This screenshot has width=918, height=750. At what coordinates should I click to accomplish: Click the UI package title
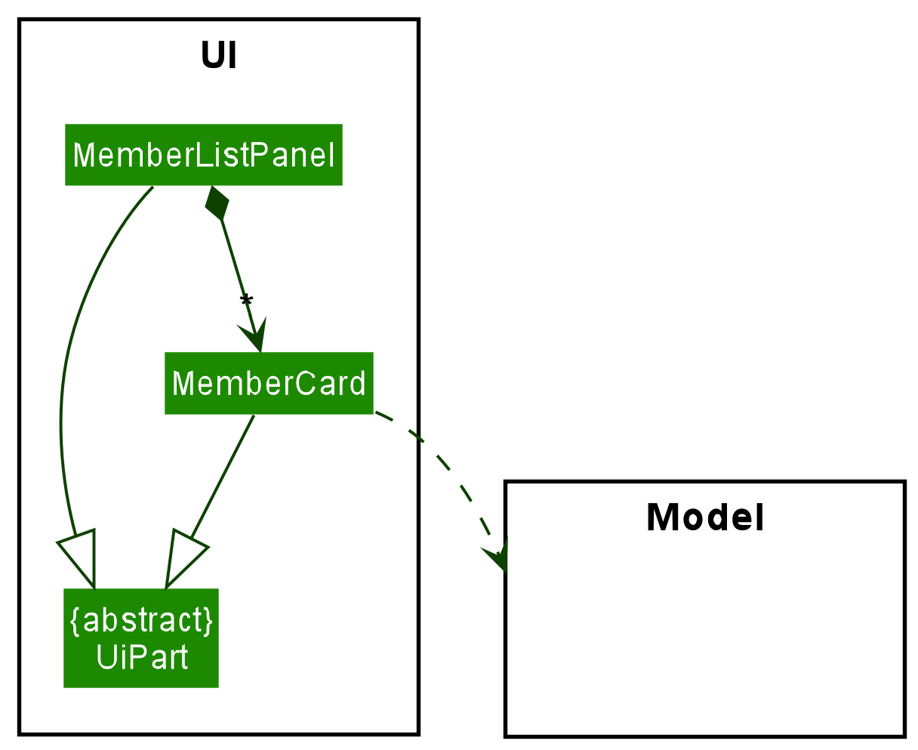[219, 56]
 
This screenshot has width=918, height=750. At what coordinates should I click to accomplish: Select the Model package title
[705, 518]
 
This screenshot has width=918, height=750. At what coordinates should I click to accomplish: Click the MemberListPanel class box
[203, 155]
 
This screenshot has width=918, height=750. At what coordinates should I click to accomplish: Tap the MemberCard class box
[269, 384]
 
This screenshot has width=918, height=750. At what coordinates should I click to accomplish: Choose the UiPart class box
[141, 638]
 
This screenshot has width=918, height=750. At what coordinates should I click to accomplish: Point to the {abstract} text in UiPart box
[141, 620]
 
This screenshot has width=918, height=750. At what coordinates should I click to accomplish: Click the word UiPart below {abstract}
[141, 657]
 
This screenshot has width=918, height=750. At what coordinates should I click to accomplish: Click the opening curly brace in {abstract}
[75, 620]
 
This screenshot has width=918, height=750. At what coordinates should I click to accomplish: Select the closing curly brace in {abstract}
[208, 620]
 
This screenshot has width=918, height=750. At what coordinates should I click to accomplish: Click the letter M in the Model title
[659, 518]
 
